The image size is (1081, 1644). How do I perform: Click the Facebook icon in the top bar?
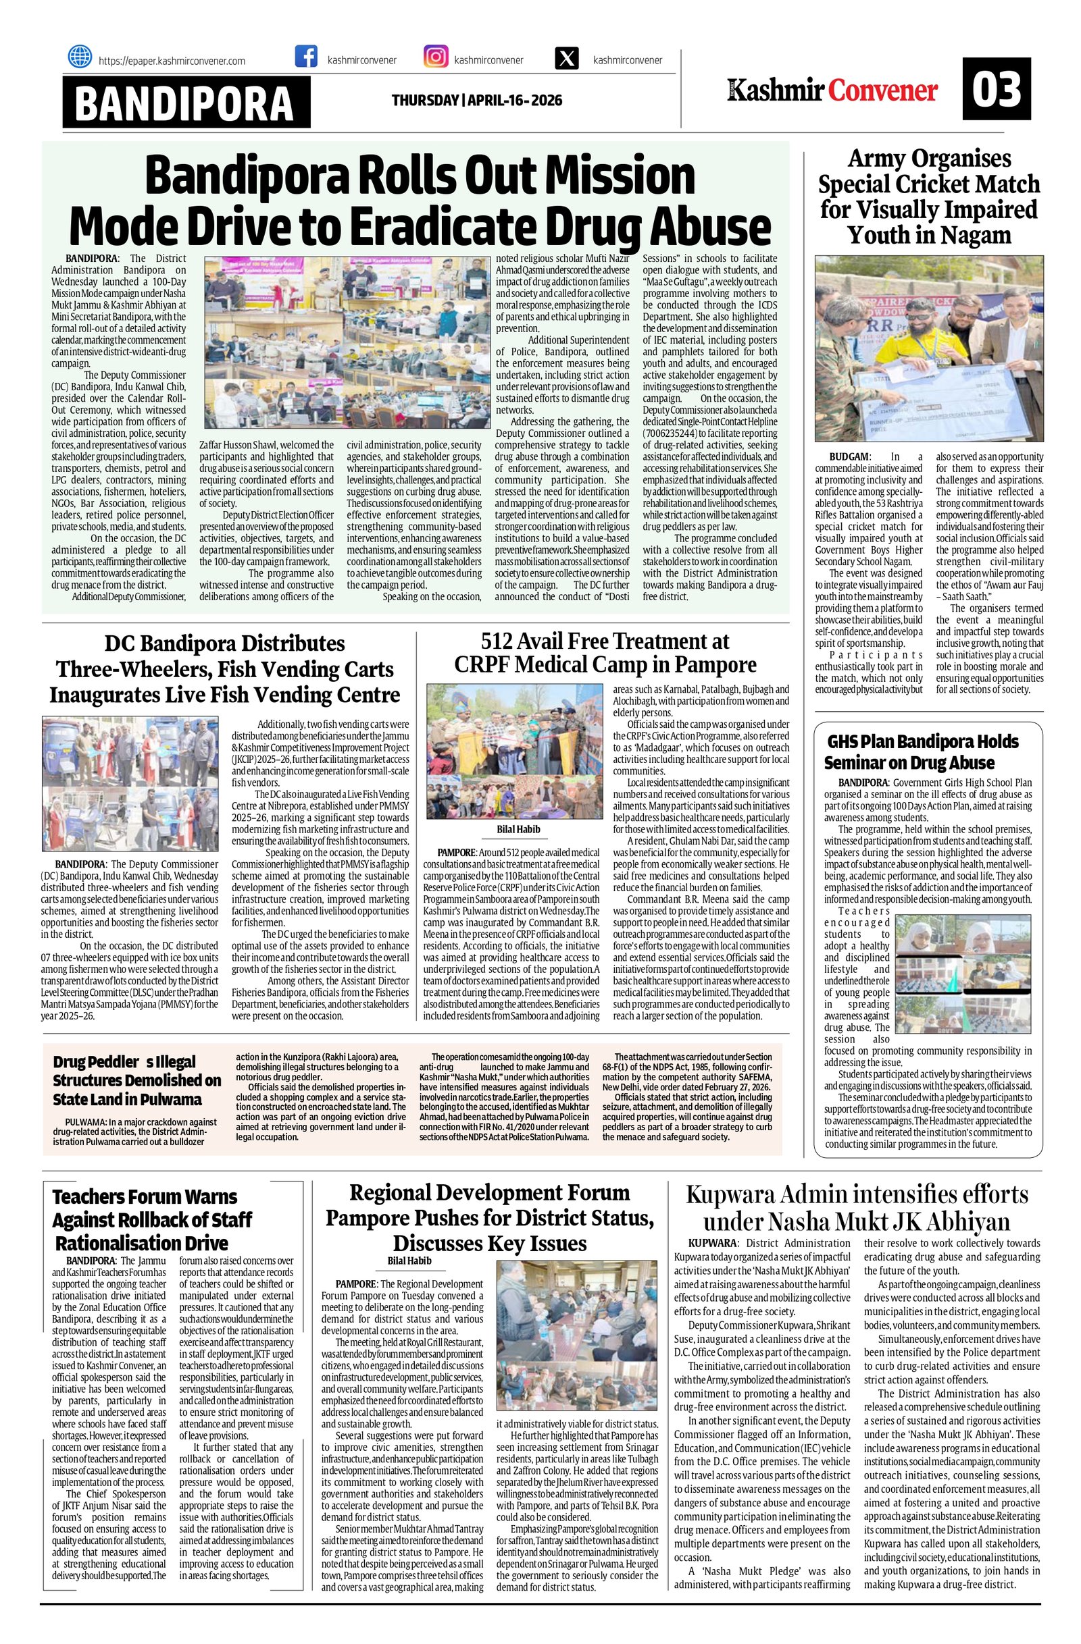click(x=305, y=57)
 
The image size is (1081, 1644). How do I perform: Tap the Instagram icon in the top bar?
click(x=436, y=57)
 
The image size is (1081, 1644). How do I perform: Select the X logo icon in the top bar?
click(x=567, y=59)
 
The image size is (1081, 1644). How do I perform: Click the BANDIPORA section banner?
click(x=185, y=102)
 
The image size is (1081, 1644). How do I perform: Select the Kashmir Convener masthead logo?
click(x=832, y=90)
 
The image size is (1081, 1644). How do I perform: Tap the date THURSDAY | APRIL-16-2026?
click(x=477, y=101)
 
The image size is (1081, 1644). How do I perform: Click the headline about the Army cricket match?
click(x=929, y=197)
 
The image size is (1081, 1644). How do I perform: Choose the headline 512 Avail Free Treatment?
click(x=605, y=653)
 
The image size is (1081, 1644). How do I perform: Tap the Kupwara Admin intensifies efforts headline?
click(x=857, y=1207)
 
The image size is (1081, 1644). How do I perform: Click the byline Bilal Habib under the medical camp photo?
click(x=518, y=829)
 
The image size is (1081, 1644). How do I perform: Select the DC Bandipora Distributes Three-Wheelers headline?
click(x=224, y=668)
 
